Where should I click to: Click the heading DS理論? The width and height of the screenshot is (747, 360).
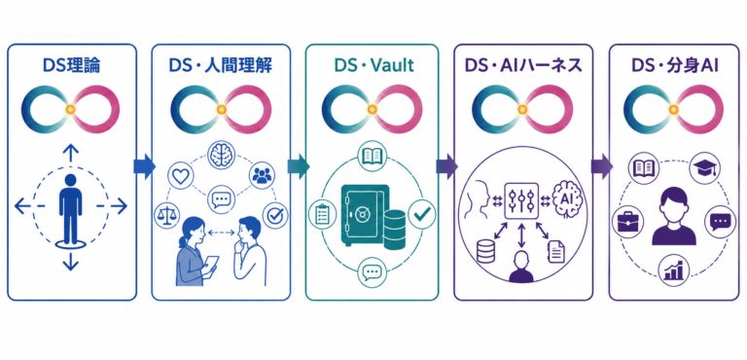pos(71,66)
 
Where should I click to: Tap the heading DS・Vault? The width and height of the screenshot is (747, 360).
pos(373,66)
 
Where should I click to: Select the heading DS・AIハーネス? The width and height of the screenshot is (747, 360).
pos(523,66)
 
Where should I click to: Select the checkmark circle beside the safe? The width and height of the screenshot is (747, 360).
pos(421,214)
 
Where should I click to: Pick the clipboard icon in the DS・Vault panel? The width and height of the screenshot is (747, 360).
pos(322,214)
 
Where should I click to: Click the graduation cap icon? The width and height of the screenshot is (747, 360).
pos(705,167)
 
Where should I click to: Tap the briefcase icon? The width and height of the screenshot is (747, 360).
pos(626,222)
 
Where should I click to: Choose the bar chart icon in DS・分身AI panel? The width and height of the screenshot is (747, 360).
pos(674,270)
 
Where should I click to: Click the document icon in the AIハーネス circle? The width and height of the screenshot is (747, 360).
pos(556,252)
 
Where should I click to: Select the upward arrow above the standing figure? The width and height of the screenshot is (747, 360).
pos(70,155)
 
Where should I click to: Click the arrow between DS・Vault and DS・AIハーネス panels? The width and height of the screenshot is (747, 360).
pos(446,166)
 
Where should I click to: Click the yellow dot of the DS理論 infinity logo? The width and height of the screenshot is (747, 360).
pos(70,109)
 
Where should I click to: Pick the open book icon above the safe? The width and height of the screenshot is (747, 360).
pos(373,156)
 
